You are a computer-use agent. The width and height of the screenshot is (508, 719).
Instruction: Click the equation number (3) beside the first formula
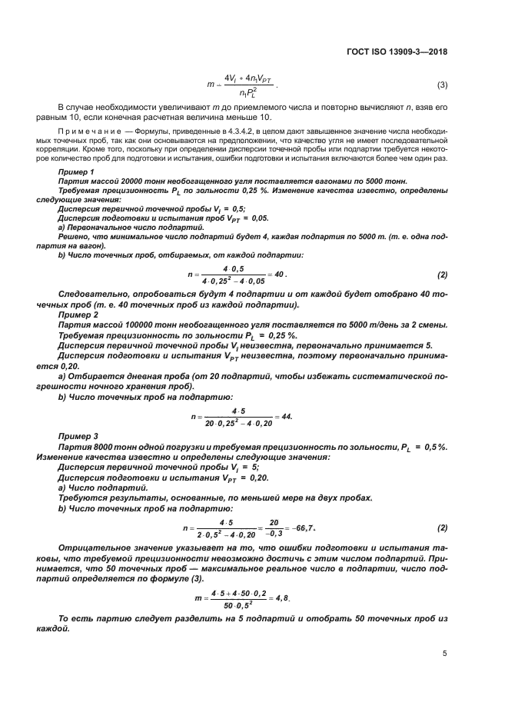pos(442,84)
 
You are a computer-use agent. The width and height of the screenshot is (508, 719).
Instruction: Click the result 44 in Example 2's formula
pos(287,416)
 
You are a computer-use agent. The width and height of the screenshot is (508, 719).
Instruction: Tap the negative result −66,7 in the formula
pos(301,528)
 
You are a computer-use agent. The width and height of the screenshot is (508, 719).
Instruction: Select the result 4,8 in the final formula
pos(289,597)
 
